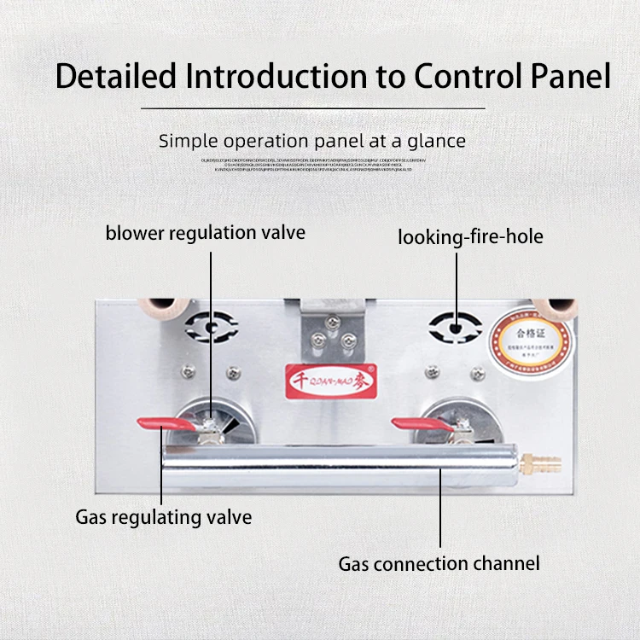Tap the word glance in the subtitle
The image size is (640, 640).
pos(433,141)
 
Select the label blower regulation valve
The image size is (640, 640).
pos(205,232)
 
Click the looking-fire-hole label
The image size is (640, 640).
pos(470,236)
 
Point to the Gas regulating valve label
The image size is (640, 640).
pos(163,517)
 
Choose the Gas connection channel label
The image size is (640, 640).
pos(439,563)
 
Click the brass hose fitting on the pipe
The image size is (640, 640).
pos(547,466)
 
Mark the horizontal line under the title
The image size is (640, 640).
pos(312,108)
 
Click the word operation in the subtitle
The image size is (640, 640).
pos(263,141)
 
